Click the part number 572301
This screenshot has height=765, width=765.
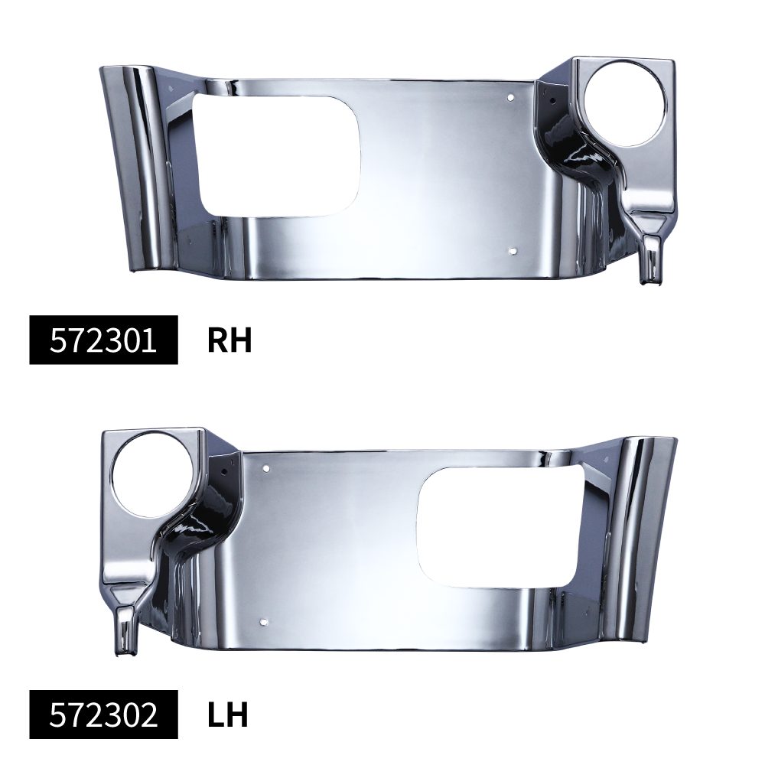(x=103, y=340)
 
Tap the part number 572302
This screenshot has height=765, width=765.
(x=103, y=715)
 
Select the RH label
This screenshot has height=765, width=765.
(x=229, y=340)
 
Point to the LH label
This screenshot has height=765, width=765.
(x=227, y=715)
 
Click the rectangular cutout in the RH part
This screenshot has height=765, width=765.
(x=279, y=155)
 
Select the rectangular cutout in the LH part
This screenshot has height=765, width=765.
(x=500, y=527)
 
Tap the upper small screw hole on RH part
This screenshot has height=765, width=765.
(x=511, y=98)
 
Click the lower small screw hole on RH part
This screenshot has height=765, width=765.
(x=512, y=251)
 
